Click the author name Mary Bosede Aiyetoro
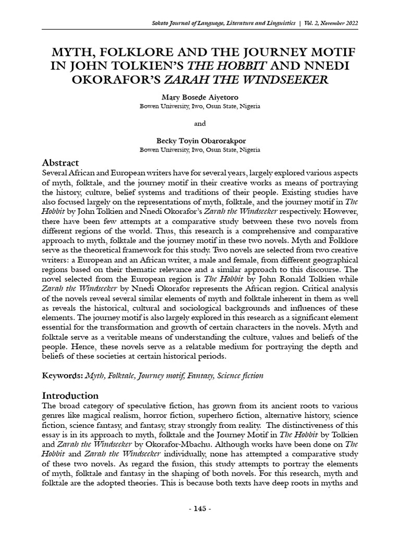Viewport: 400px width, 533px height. click(x=200, y=98)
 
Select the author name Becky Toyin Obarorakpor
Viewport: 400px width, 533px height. click(x=200, y=141)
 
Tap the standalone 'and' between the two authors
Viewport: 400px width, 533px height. click(x=200, y=123)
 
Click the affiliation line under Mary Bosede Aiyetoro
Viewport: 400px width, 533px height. click(x=200, y=107)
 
